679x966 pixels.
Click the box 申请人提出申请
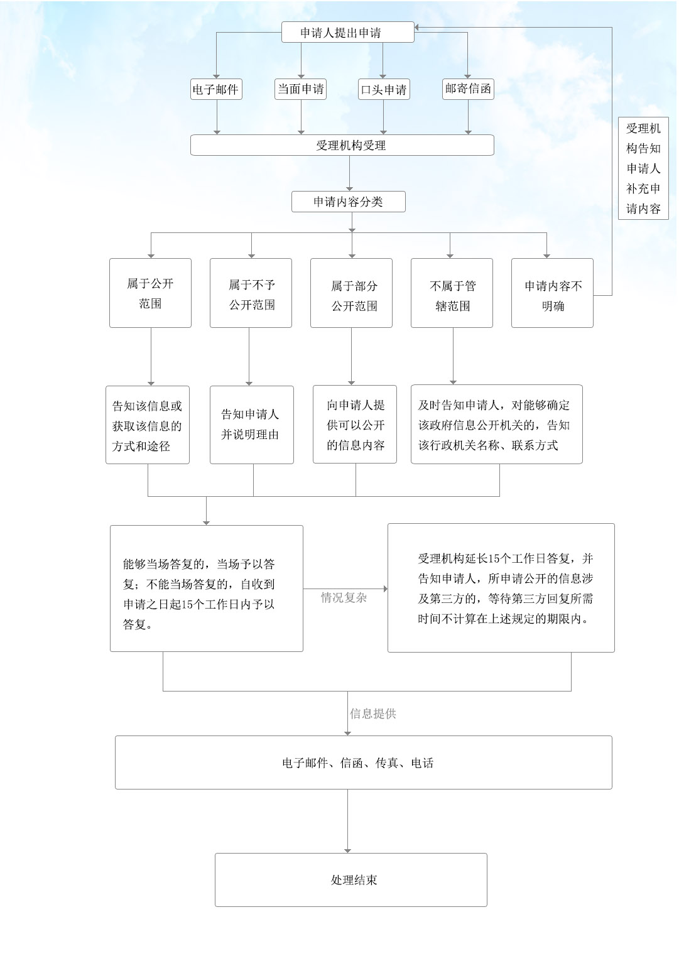pos(347,33)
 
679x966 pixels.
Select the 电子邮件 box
pos(216,90)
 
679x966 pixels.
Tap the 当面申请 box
pos(301,89)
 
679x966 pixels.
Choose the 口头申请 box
pos(384,90)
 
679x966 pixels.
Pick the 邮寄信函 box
pos(468,89)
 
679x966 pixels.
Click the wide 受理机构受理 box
pos(342,145)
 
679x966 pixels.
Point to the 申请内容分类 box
pos(349,202)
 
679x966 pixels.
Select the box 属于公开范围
pos(150,293)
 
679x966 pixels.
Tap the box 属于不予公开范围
pos(251,293)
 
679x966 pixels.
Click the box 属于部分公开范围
pos(351,293)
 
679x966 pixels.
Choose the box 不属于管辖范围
pos(452,293)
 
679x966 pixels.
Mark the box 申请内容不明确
pos(552,293)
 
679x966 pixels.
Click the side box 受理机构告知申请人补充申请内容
pos(643,168)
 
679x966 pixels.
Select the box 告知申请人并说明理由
pos(251,425)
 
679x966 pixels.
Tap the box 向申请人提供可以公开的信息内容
pos(355,425)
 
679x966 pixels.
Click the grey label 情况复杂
pos(344,598)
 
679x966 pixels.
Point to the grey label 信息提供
pos(373,714)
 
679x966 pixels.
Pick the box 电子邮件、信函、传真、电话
pos(363,762)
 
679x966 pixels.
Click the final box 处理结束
pos(350,879)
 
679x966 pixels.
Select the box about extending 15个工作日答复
pos(501,588)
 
